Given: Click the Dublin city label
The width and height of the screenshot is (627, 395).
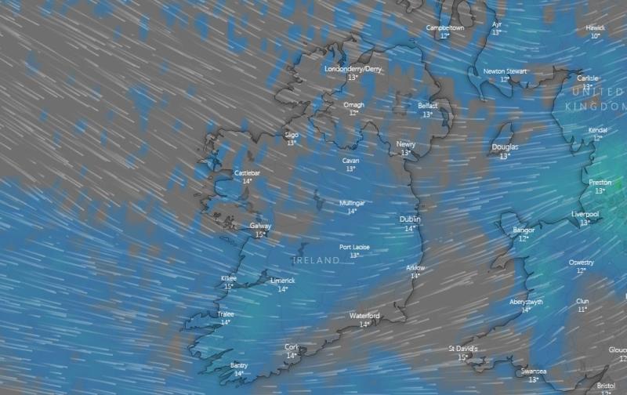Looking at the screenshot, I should click(x=410, y=219).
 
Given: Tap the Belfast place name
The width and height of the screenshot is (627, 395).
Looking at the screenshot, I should click(x=427, y=106).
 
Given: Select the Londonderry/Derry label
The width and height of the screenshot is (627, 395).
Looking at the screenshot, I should click(x=353, y=69).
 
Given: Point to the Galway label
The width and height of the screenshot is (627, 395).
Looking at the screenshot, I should click(x=260, y=226).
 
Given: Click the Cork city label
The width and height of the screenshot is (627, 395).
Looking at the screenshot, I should click(x=292, y=346).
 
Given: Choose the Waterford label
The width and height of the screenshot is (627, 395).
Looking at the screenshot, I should click(x=364, y=315).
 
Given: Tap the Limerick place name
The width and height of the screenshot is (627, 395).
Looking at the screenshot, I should click(x=282, y=280).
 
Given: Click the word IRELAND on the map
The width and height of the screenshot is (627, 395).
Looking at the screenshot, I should click(x=317, y=259).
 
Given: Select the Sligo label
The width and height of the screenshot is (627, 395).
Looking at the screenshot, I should click(x=292, y=134).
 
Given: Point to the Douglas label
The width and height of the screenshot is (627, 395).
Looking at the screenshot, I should click(x=505, y=147).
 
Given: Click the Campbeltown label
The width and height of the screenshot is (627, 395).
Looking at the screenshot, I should click(x=445, y=27).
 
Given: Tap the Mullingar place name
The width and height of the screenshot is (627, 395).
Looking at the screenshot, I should click(x=352, y=202).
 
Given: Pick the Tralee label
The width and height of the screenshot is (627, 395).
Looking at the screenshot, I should click(x=226, y=313).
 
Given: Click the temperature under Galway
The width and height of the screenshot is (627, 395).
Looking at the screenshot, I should click(x=260, y=234).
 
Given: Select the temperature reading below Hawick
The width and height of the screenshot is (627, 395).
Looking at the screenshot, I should click(x=596, y=36).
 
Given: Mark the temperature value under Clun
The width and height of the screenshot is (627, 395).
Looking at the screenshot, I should click(x=582, y=310).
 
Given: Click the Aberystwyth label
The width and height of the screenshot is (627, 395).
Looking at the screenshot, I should click(x=526, y=302).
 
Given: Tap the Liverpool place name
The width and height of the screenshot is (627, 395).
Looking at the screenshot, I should click(x=585, y=213).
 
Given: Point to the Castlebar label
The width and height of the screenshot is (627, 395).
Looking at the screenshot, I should click(x=247, y=172).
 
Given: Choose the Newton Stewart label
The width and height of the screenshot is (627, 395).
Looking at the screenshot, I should click(x=505, y=71).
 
